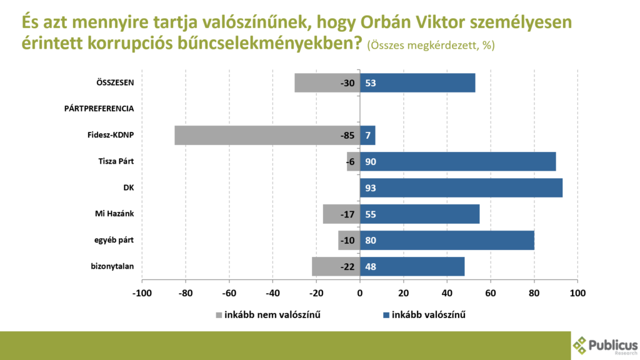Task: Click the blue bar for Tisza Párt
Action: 457,162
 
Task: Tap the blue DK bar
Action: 461,188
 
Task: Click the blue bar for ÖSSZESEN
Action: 417,83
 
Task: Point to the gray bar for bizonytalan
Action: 325,267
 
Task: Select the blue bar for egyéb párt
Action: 447,241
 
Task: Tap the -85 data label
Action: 347,136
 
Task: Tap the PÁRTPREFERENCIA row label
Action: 99,109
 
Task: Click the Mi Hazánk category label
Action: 110,214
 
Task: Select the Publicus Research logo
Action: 605,345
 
